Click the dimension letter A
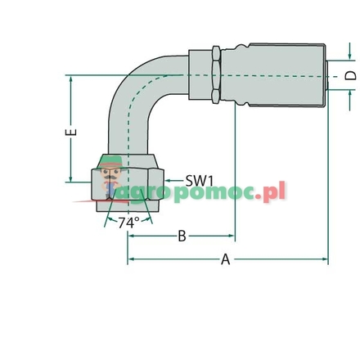pyautogui.click(x=226, y=260)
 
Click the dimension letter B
pyautogui.click(x=182, y=236)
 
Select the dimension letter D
pyautogui.click(x=350, y=75)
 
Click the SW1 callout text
pyautogui.click(x=199, y=179)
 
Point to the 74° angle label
pyautogui.click(x=128, y=223)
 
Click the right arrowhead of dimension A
pyautogui.click(x=325, y=260)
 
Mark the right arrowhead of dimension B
pyautogui.click(x=232, y=236)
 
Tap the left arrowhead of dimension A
pyautogui.click(x=131, y=260)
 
